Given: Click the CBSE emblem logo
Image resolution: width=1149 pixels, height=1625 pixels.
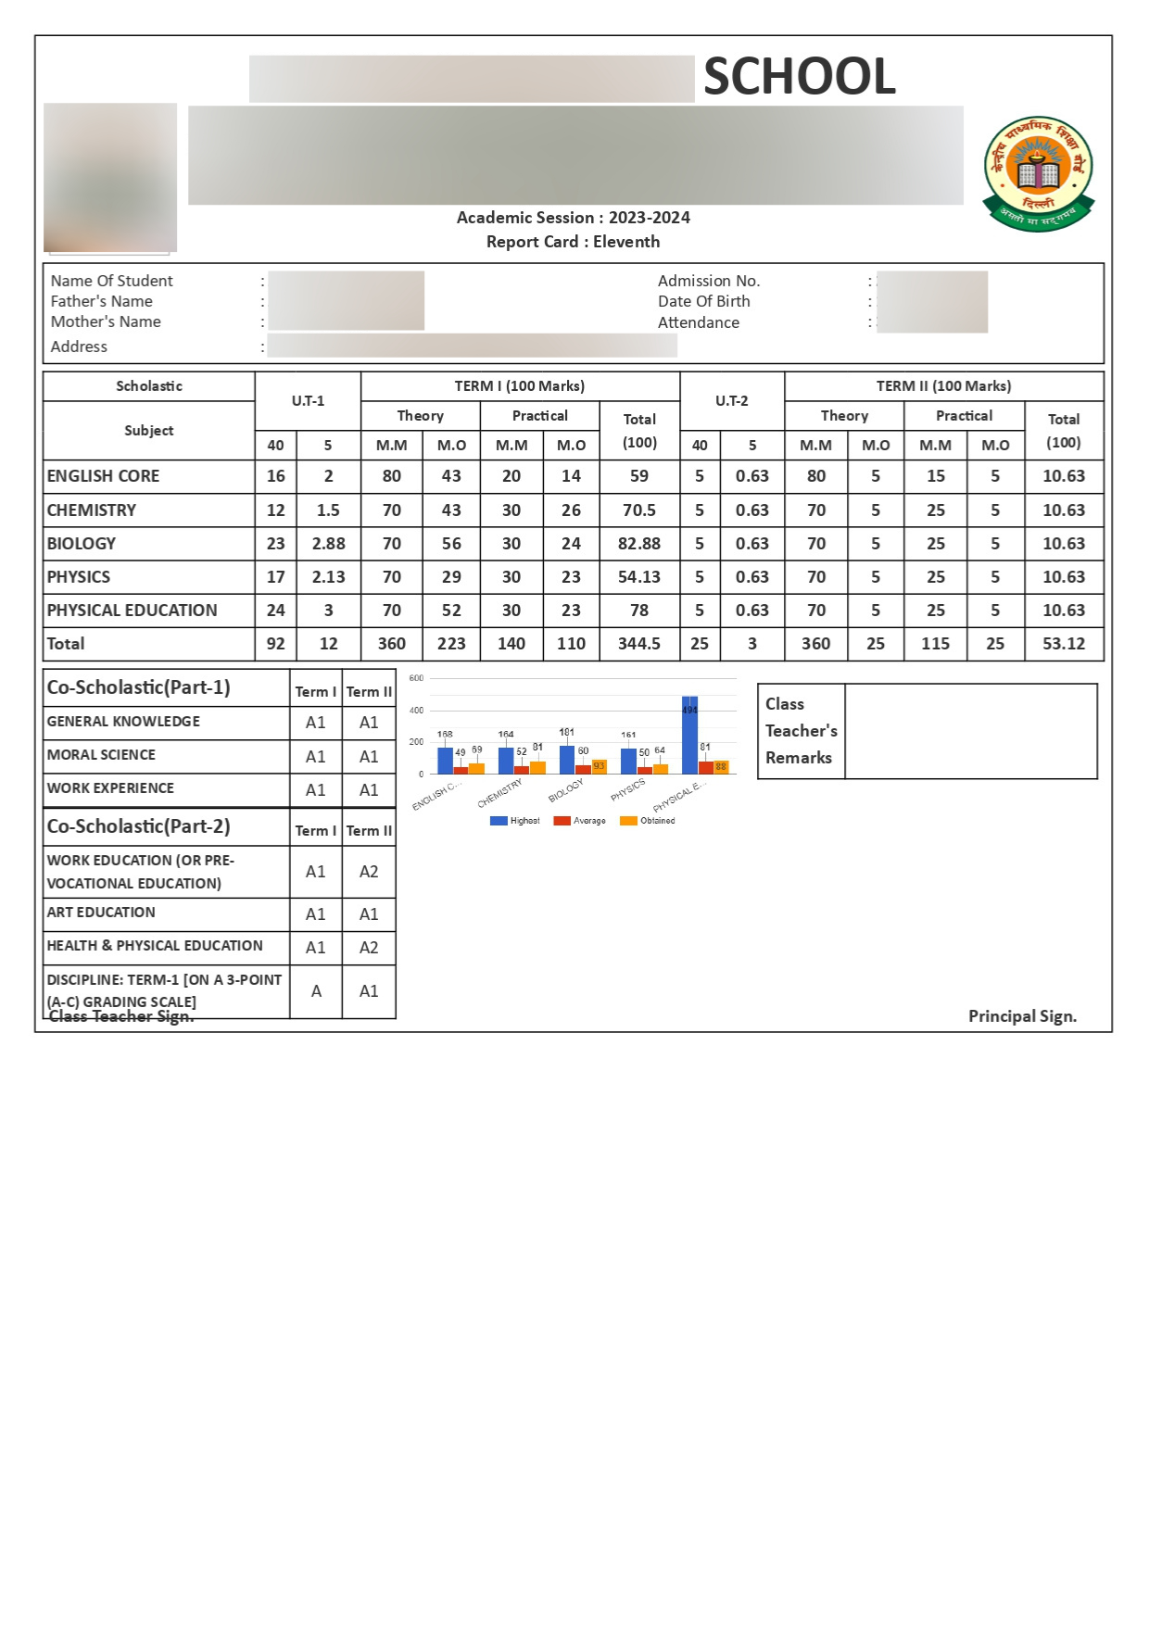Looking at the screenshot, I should point(1038,173).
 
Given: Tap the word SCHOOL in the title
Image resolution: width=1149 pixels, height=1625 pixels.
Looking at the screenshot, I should point(800,76).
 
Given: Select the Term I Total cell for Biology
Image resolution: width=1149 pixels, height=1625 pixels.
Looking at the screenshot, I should point(639,544).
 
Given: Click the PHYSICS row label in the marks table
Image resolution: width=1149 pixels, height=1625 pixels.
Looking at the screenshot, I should point(79,577).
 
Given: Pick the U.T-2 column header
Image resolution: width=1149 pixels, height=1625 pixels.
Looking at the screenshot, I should point(731,401).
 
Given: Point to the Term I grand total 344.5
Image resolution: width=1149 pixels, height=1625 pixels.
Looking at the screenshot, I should point(639,644).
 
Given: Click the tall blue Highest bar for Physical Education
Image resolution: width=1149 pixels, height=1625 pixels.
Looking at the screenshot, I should point(689,734).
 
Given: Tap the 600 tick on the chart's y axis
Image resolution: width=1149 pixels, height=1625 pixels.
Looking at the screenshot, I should point(417,678).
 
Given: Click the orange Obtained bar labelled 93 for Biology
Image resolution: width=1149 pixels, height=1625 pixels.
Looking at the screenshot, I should point(599,766).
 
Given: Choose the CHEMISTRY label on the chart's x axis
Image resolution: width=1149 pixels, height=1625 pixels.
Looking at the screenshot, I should point(500,793).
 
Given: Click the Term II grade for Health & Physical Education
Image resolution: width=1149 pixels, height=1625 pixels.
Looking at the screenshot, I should point(369,948).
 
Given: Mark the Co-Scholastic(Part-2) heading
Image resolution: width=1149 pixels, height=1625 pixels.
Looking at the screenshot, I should point(139,826).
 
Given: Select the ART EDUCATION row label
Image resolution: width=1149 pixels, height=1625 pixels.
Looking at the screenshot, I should point(101,913).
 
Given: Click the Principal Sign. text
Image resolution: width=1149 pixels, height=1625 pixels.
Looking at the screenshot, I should point(1022,1016).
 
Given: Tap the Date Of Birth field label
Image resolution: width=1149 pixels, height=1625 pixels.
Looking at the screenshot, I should point(703,301).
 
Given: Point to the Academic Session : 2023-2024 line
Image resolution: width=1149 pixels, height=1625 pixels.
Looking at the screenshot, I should point(573,218).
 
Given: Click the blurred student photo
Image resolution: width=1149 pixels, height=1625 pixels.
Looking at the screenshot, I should point(110,177).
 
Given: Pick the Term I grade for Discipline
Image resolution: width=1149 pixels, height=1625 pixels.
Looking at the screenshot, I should point(316,991).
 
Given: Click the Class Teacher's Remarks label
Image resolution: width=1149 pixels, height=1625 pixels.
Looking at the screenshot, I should point(801,731).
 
